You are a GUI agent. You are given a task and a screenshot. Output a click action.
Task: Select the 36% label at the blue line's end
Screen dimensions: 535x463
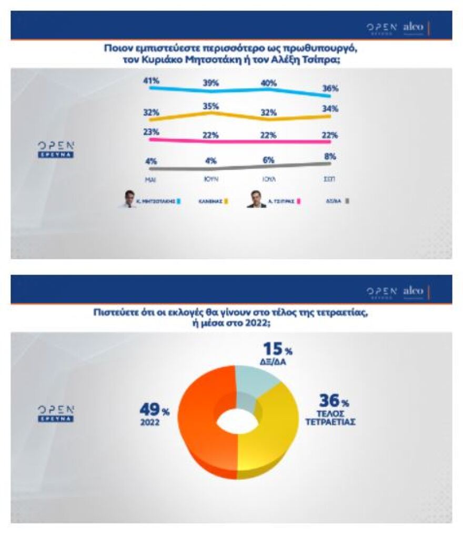tap(331, 88)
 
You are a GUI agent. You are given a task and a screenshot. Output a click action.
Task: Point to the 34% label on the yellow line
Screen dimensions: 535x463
tap(331, 109)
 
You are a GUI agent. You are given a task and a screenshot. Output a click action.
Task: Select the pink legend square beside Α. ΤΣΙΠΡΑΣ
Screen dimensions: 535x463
tap(299, 201)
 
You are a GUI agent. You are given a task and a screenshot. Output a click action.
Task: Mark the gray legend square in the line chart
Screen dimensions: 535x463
tap(348, 201)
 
